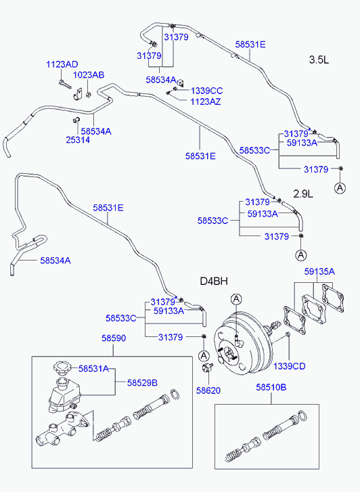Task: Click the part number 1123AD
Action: point(62,64)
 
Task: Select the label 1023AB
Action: point(89,75)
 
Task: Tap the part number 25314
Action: point(77,140)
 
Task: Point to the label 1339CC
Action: point(206,91)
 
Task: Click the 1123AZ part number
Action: point(206,102)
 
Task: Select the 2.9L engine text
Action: point(304,194)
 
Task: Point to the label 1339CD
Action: point(289,366)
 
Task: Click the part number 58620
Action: point(208,390)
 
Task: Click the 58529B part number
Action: point(142,382)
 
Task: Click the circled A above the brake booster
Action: point(235,299)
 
